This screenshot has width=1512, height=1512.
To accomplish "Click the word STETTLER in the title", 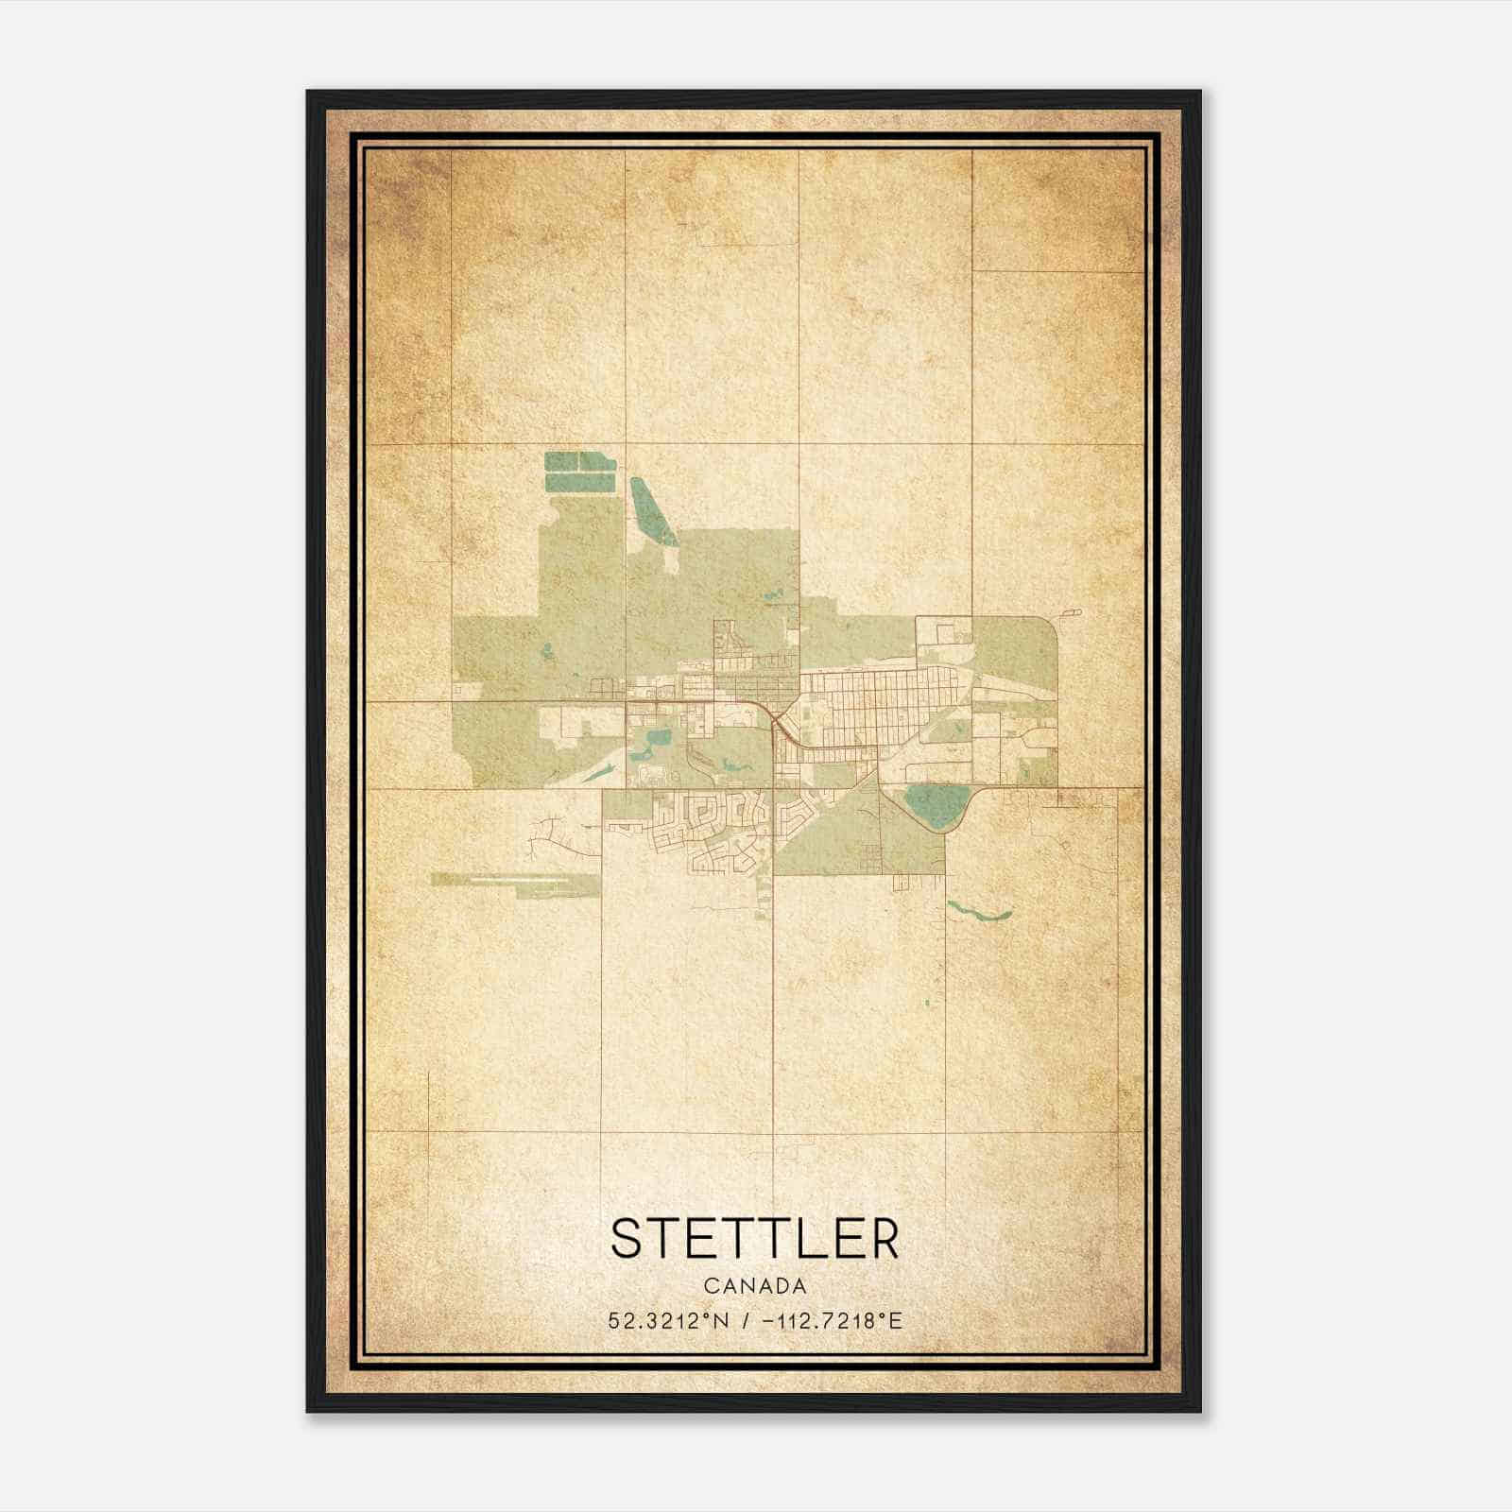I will click(755, 1239).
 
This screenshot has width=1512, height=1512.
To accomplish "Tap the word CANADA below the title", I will click(755, 1286).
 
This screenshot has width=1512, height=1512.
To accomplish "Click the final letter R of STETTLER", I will click(883, 1239).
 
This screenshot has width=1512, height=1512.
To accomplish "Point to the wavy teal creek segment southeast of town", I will click(979, 912).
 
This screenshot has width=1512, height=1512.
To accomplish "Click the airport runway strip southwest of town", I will click(515, 880).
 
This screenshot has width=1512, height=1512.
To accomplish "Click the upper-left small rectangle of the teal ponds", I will click(561, 461).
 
